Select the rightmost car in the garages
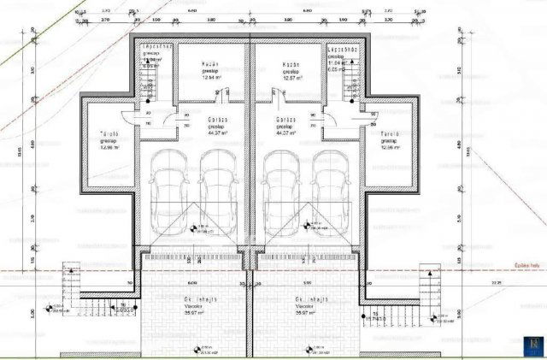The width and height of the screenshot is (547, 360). pyautogui.click(x=328, y=190)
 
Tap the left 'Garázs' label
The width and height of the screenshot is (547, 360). pyautogui.click(x=217, y=121)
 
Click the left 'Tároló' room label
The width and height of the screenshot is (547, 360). pyautogui.click(x=108, y=134)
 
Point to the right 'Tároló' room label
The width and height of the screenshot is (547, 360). pyautogui.click(x=391, y=134)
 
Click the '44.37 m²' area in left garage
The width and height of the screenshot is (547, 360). pyautogui.click(x=217, y=133)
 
